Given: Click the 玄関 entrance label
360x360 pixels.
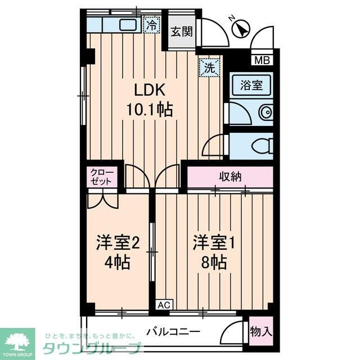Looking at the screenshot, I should coord(182,31).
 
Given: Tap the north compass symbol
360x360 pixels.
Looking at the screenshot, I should coord(241,28).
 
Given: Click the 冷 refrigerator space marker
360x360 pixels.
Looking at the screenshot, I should coord(152,24).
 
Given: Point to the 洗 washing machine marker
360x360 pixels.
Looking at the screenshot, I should coord(209,68).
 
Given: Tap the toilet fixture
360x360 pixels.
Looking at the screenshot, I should coord(262,146).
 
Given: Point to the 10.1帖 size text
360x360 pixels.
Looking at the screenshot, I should coord(149,109).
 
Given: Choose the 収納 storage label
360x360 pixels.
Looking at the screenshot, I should coord(230,176).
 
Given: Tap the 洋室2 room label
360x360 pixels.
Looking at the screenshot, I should coord(117,243).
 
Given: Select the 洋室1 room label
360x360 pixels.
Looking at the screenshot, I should coord(213,243).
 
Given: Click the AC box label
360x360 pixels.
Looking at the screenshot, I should coord(163,305).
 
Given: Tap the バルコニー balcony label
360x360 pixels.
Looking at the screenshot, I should coord(173,331).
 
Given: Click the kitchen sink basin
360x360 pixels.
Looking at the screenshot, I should coord(128,24).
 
